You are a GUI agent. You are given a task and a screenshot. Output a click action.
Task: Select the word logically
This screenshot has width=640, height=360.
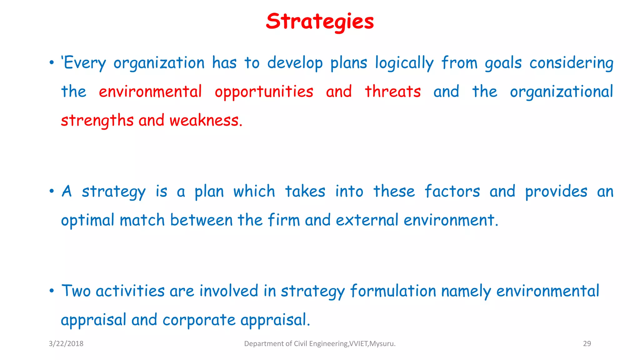[404, 63]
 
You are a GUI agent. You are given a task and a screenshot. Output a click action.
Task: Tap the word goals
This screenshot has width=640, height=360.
[503, 63]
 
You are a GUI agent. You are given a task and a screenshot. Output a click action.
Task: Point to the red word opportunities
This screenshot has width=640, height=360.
[264, 92]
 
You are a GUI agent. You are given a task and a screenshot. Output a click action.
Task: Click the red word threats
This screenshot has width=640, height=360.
[393, 92]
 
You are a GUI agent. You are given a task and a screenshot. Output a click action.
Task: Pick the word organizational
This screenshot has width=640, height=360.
[561, 92]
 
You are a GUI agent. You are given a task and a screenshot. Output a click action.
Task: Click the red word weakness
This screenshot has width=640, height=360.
[206, 121]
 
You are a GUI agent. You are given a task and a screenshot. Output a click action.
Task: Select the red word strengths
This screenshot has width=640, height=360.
[97, 121]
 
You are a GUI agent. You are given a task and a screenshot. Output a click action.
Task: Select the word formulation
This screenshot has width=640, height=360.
[393, 291]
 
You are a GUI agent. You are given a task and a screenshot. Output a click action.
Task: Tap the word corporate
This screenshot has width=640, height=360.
[199, 320]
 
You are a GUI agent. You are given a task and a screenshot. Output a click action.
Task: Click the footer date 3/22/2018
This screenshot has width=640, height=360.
[66, 344]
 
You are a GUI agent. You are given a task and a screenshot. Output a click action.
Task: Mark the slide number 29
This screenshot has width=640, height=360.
[587, 344]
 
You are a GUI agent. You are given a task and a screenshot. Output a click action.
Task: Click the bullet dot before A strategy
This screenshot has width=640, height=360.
[52, 191]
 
